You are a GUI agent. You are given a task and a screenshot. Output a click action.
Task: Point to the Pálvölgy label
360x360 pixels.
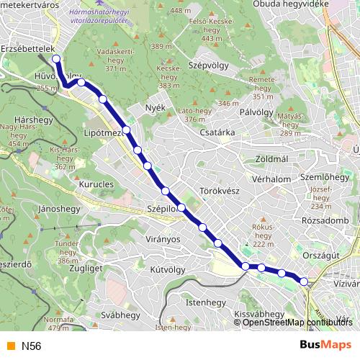pyautogui.click(x=254, y=112)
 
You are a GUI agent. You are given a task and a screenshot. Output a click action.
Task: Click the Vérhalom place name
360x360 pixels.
pyautogui.click(x=271, y=179)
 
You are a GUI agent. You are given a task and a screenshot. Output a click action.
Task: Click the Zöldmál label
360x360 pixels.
pyautogui.click(x=271, y=158)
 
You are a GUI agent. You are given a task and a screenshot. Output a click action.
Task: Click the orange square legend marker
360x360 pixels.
pyautogui.click(x=10, y=346)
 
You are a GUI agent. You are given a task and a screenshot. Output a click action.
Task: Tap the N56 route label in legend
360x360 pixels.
pyautogui.click(x=31, y=346)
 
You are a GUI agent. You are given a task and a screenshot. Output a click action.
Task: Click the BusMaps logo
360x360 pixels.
pyautogui.click(x=325, y=346)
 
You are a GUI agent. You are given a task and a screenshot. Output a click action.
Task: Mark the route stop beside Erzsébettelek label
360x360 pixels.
pyautogui.click(x=55, y=60)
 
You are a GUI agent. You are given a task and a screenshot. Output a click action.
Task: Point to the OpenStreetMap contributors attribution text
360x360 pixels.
pyautogui.click(x=297, y=323)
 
